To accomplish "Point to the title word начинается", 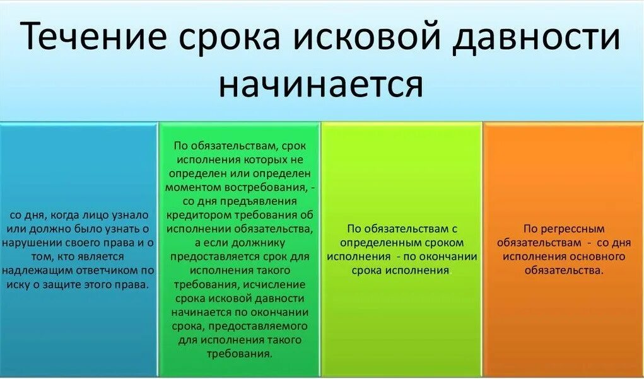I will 320,85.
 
